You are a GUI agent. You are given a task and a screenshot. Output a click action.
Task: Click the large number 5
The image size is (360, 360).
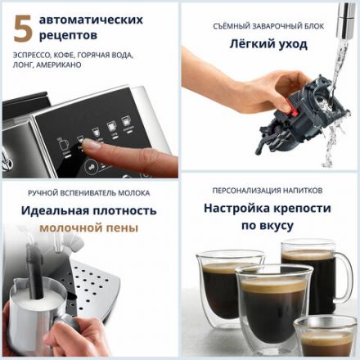[24, 28]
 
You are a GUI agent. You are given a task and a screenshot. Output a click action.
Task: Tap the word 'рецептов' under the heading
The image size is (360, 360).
[71, 36]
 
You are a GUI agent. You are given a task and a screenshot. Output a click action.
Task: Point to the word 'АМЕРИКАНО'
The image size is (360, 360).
[59, 65]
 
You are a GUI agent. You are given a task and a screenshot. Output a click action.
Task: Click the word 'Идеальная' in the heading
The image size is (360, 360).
[53, 210]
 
